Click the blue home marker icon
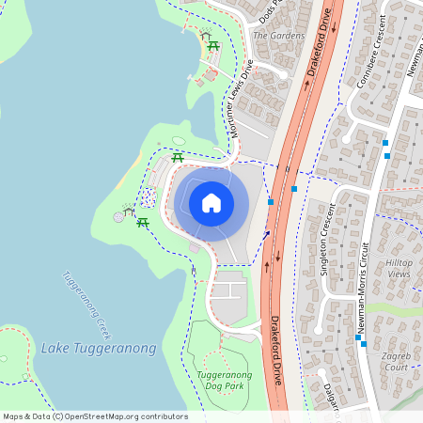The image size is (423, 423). pos(211,202)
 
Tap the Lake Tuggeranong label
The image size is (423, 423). pos(99,349)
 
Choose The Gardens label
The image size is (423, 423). pos(279,36)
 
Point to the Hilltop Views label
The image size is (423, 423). pos(399,267)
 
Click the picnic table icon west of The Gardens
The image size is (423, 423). pos(213,46)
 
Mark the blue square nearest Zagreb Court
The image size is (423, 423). pos(363,343)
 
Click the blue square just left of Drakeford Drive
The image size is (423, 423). pos(271,201)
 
